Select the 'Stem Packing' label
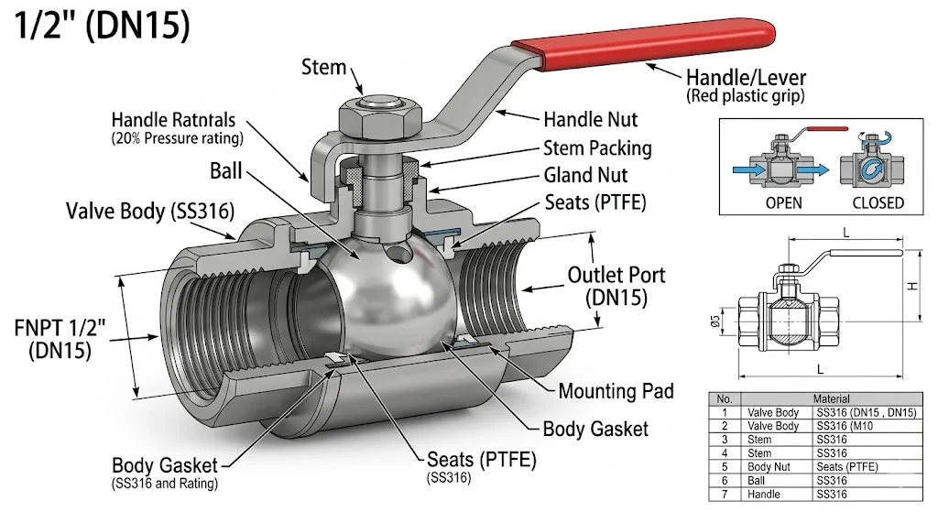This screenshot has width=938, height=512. (x=597, y=148)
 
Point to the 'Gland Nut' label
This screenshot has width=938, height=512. (x=586, y=175)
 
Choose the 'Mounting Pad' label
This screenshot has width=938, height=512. (x=616, y=391)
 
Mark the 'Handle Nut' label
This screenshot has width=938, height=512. (x=590, y=119)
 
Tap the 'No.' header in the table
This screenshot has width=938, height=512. (x=725, y=399)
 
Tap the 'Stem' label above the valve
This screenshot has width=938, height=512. (x=324, y=67)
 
